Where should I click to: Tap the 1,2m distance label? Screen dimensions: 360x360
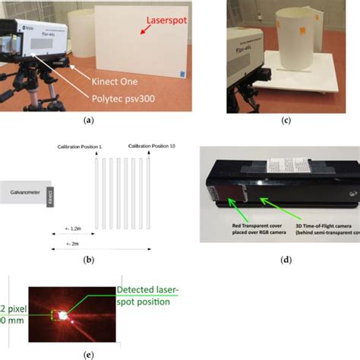(x=75, y=229)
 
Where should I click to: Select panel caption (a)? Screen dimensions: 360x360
(x=89, y=120)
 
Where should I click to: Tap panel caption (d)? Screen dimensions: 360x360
(x=285, y=261)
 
